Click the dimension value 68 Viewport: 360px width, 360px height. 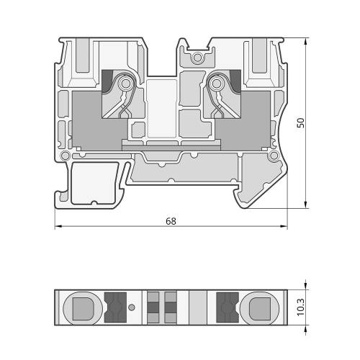171,221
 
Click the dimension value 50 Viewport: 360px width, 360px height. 300,122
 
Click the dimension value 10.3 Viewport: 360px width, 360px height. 300,307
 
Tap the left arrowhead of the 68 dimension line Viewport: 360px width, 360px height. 58,226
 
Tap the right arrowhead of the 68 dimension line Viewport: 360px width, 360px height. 284,226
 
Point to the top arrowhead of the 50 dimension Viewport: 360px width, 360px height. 305,41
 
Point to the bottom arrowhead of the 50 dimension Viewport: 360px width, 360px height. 305,204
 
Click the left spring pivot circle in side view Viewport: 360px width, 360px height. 125,84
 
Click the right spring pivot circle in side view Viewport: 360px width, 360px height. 217,84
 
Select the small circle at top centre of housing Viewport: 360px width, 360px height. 197,58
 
